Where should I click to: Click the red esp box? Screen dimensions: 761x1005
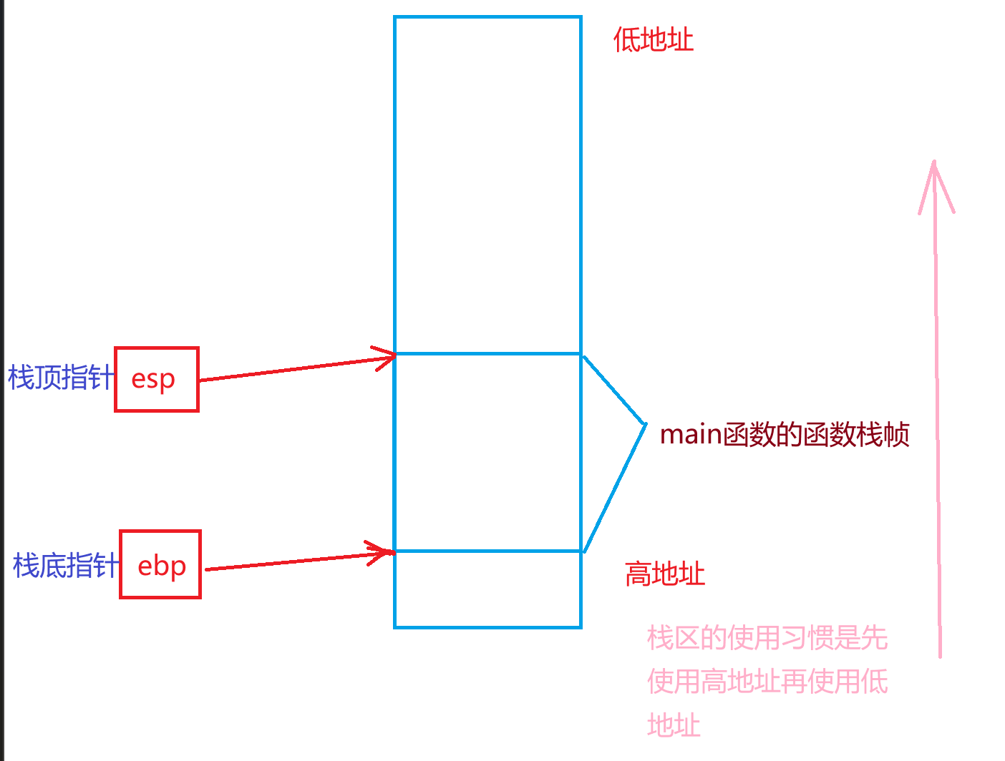[x=156, y=379]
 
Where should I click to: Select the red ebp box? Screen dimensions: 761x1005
[x=160, y=565]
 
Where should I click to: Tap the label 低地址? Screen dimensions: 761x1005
[x=653, y=40]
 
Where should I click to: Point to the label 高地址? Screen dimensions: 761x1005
[x=664, y=574]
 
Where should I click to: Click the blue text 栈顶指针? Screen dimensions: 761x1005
[x=60, y=378]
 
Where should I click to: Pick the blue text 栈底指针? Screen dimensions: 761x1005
[x=65, y=566]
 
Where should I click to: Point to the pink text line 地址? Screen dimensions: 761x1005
[x=674, y=725]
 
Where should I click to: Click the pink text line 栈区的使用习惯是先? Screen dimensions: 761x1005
[x=767, y=637]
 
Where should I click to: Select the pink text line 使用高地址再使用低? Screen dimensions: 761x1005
[x=767, y=682]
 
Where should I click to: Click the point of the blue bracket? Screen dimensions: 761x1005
[x=645, y=424]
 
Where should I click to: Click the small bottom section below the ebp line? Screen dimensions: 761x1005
[x=487, y=589]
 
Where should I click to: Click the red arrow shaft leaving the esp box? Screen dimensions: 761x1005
[x=286, y=370]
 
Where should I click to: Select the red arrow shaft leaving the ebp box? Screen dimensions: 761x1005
[x=286, y=562]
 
